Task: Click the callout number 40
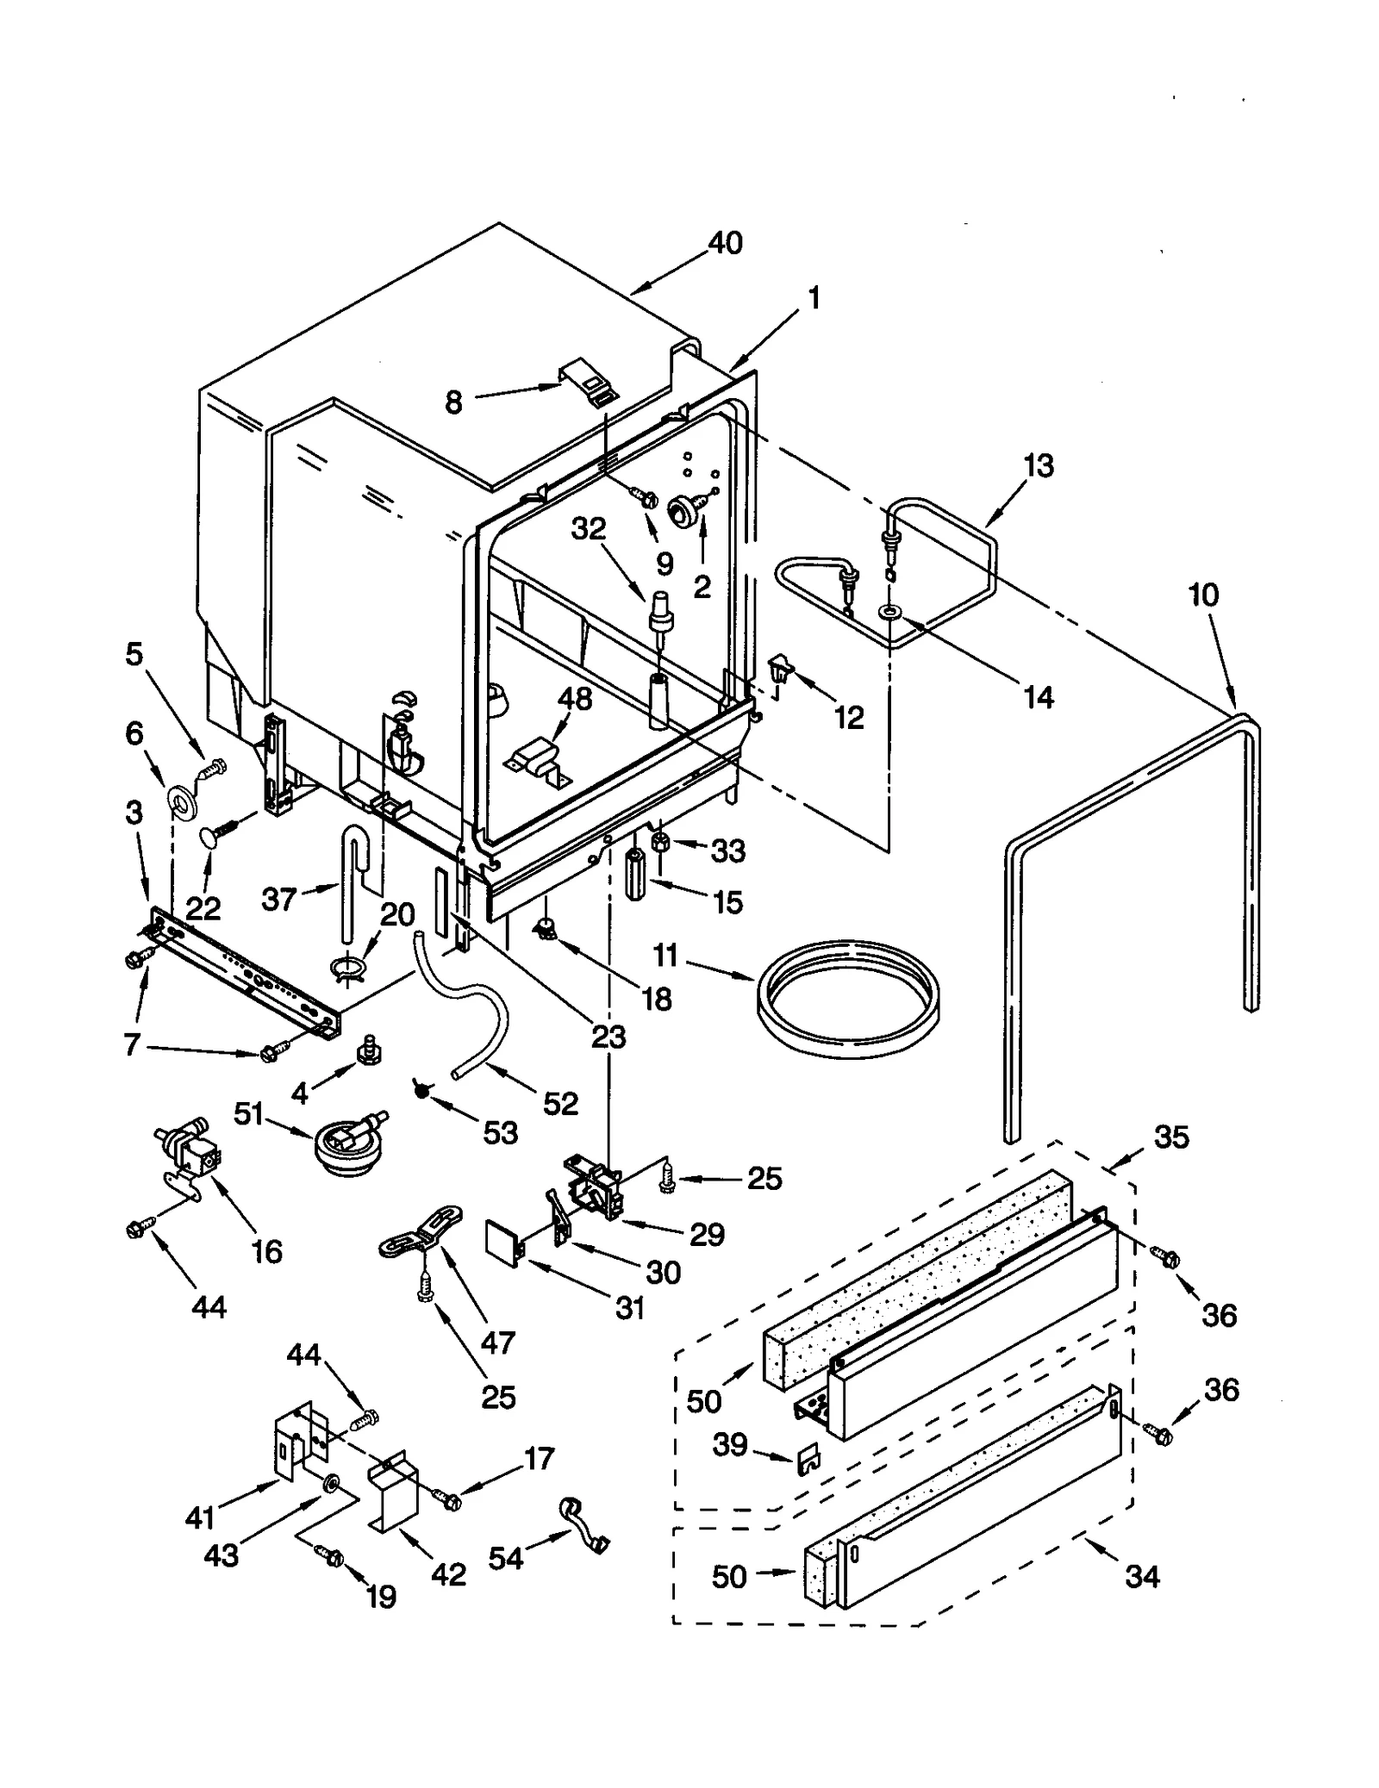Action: point(725,243)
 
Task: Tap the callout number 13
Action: point(1039,465)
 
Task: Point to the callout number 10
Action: point(1203,595)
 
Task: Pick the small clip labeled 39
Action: point(810,1459)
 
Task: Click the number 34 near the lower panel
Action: point(1142,1576)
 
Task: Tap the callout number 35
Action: point(1171,1137)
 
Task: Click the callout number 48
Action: point(575,699)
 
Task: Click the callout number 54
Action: point(505,1556)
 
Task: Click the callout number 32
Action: point(589,528)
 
